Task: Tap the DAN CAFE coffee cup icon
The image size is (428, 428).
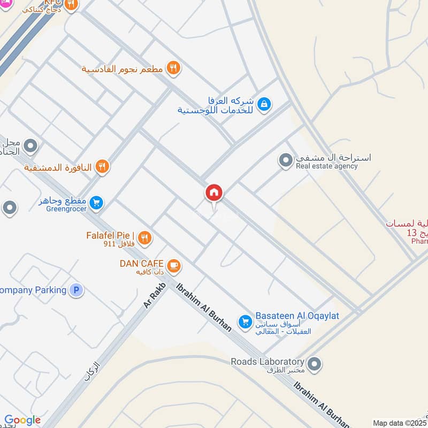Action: [173, 264]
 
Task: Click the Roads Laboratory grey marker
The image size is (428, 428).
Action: [315, 364]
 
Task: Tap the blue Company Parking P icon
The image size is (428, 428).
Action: [77, 291]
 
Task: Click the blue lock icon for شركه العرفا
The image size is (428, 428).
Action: [263, 105]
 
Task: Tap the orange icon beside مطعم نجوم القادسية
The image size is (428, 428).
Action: [173, 68]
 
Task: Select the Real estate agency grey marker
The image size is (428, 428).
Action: [285, 159]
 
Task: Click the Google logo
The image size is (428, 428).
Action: [22, 421]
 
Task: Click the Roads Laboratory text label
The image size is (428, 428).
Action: [267, 362]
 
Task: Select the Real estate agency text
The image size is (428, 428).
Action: [327, 166]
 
